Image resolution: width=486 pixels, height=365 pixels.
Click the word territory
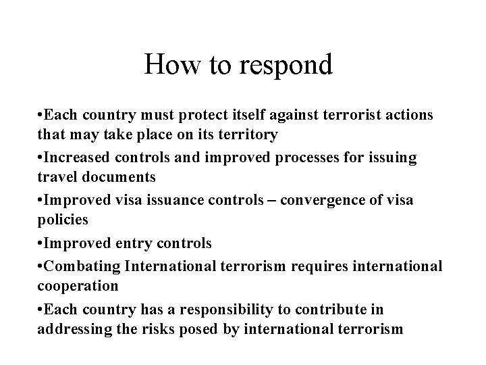coord(245,135)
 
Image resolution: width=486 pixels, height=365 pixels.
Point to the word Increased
coord(74,157)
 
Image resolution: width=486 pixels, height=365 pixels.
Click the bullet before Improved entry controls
coord(41,243)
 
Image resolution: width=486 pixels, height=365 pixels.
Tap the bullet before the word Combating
coord(41,265)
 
